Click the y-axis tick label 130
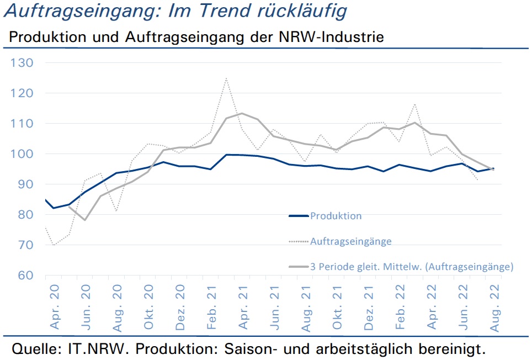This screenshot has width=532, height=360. point(22,63)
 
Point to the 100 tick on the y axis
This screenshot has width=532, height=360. point(22,153)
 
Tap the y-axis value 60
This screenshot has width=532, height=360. point(25,275)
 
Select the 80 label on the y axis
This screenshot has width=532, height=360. point(25,214)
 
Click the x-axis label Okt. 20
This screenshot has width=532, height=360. point(148,307)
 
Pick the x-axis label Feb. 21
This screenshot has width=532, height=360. point(211,307)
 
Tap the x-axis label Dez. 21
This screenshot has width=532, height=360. point(369,308)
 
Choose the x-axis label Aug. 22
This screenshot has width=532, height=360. point(494,308)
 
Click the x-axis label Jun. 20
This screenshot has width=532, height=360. point(86,307)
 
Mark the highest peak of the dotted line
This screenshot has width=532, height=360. point(226,78)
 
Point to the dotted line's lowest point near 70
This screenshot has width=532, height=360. point(54,245)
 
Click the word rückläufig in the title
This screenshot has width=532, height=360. point(302,11)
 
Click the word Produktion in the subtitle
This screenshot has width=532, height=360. point(48,37)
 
